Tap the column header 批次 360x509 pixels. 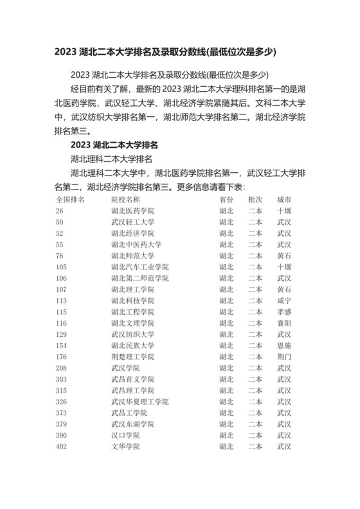tap(255, 199)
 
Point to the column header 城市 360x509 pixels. tap(284, 199)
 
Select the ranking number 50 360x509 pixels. tap(60, 222)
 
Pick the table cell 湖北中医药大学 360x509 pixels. tap(136, 244)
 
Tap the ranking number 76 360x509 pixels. tap(60, 255)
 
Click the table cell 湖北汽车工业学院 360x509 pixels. tap(139, 267)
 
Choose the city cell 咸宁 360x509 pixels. tap(284, 300)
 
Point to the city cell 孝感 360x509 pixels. tap(284, 312)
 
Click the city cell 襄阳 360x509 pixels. tap(284, 323)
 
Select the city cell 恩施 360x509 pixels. tap(284, 345)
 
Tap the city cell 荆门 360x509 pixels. tap(284, 356)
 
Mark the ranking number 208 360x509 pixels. tap(62, 368)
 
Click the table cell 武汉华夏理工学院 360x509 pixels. tap(139, 401)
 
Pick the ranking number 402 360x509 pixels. tap(62, 446)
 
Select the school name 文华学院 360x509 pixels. tap(125, 446)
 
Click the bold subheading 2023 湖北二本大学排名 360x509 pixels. tap(115, 144)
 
